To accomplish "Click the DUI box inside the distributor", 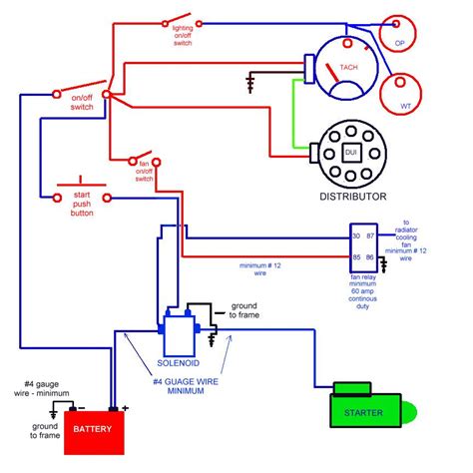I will pos(350,152).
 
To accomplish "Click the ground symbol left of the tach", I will pos(249,80).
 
